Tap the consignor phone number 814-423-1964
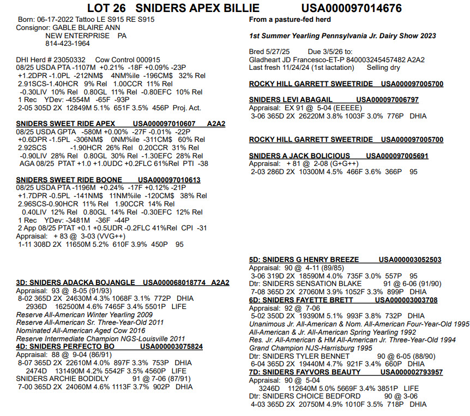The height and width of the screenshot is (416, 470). (x=68, y=43)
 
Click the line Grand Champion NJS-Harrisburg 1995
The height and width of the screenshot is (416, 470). (x=310, y=347)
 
